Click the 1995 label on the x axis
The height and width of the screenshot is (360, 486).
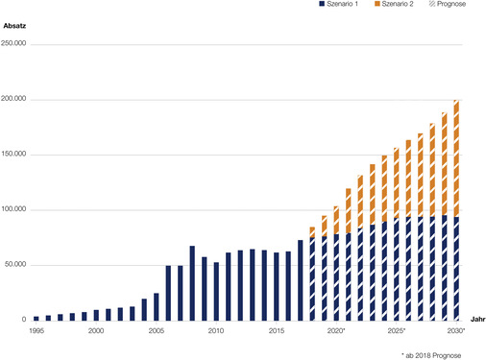pos(36,330)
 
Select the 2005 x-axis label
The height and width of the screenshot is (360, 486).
pos(156,330)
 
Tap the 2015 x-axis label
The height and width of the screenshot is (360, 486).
pos(276,330)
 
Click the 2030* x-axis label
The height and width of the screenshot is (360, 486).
pos(456,330)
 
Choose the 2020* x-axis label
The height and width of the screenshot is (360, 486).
pos(336,330)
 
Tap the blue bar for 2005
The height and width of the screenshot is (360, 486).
pos(157,306)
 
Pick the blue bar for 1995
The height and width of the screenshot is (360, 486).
pos(36,318)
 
